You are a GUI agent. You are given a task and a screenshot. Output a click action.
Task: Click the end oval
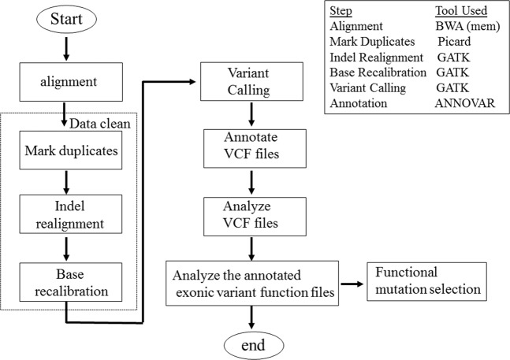point(253,343)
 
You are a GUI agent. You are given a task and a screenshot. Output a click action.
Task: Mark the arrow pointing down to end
point(253,317)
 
